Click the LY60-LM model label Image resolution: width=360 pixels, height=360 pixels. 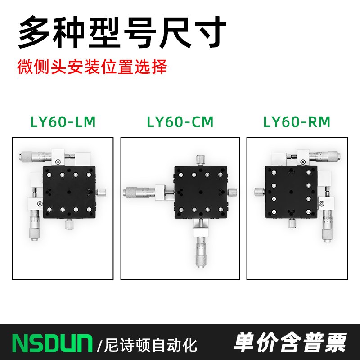(x=63, y=122)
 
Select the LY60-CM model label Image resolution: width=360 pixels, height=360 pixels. (x=180, y=122)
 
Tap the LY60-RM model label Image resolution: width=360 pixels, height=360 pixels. (x=297, y=122)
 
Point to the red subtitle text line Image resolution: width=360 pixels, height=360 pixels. (x=92, y=67)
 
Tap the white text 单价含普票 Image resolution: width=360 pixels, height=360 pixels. (x=290, y=343)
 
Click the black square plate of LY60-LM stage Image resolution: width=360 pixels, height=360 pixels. (x=69, y=191)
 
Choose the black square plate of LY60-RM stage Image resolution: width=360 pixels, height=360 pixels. (x=291, y=192)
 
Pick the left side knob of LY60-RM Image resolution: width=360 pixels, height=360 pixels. (x=258, y=192)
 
